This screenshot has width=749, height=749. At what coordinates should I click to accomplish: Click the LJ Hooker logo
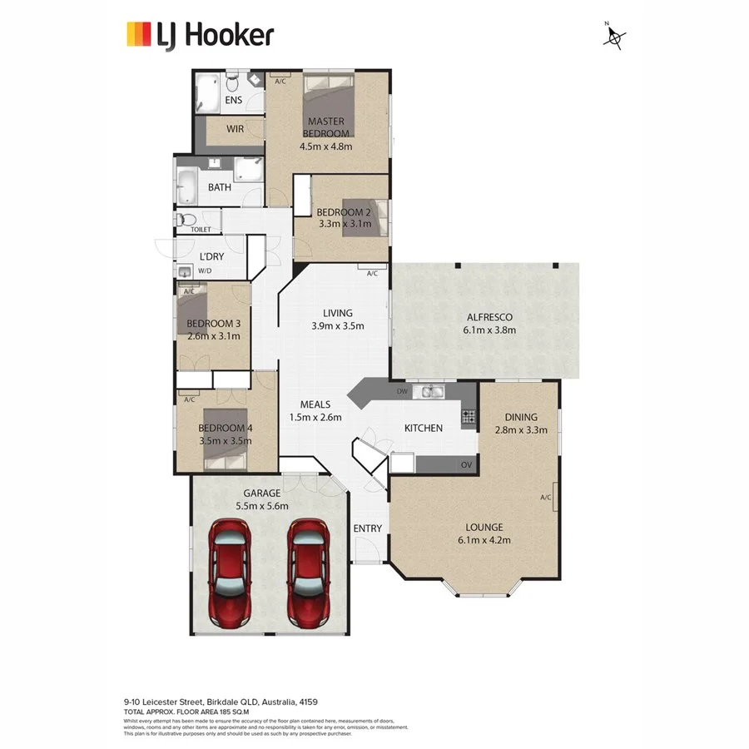click(x=199, y=35)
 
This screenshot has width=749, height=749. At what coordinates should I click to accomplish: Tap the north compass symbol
click(x=615, y=37)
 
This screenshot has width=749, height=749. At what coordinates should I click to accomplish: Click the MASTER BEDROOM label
click(x=325, y=127)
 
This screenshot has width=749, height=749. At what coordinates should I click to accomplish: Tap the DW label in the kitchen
click(x=403, y=391)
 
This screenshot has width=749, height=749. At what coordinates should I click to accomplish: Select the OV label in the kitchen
click(x=466, y=464)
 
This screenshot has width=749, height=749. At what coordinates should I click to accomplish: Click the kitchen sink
click(x=432, y=391)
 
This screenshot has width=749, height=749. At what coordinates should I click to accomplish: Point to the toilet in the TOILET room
click(x=186, y=220)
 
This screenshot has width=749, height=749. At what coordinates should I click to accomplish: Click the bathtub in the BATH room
click(x=186, y=186)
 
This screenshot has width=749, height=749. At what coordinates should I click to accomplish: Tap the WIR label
click(x=235, y=130)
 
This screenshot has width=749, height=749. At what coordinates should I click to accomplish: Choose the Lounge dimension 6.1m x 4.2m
click(x=484, y=540)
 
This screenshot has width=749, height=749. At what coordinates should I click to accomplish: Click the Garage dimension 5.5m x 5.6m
click(x=263, y=505)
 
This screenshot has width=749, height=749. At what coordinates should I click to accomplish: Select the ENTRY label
click(x=367, y=528)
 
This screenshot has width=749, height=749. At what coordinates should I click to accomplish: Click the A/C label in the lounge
click(x=546, y=498)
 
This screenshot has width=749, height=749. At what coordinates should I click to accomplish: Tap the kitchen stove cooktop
click(x=469, y=415)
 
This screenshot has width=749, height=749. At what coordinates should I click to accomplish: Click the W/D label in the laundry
click(x=205, y=270)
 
